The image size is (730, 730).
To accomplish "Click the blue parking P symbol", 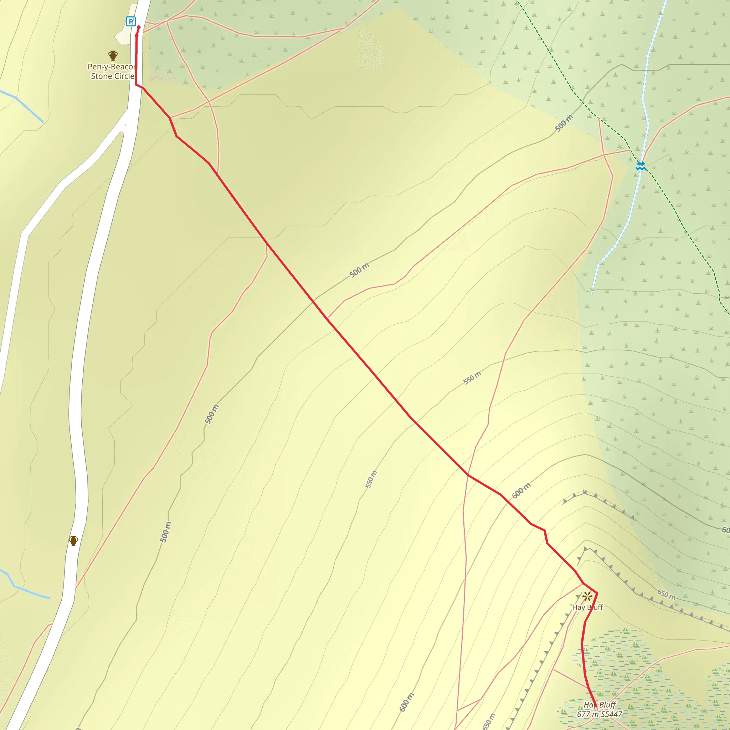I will (131, 21).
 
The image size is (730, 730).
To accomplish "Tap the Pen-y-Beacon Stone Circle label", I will (112, 71).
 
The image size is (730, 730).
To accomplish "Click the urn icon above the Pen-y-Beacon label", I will (113, 56).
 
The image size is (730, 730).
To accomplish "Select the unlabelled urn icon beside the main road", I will (74, 541).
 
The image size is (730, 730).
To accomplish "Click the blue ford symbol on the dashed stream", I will (641, 165).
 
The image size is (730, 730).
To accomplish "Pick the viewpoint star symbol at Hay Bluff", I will (587, 597).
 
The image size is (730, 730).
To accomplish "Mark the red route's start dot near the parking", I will (139, 27).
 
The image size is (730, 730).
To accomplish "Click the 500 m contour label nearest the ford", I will (564, 123).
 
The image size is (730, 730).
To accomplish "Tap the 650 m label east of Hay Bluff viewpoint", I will (666, 595).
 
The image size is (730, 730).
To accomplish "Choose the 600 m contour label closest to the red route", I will (521, 490).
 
